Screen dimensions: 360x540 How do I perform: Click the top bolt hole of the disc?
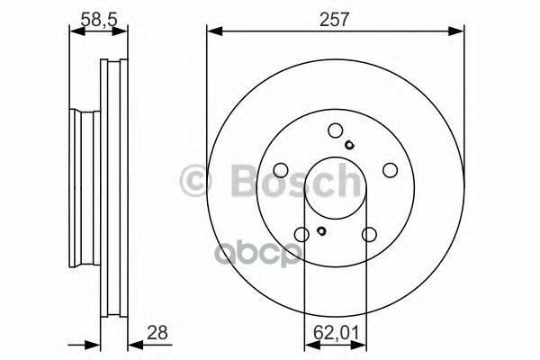click(x=335, y=129)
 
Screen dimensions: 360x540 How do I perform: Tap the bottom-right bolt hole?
click(x=369, y=234)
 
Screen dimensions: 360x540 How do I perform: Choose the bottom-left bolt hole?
click(x=301, y=234)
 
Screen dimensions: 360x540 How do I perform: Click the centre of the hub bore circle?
click(x=335, y=187)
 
